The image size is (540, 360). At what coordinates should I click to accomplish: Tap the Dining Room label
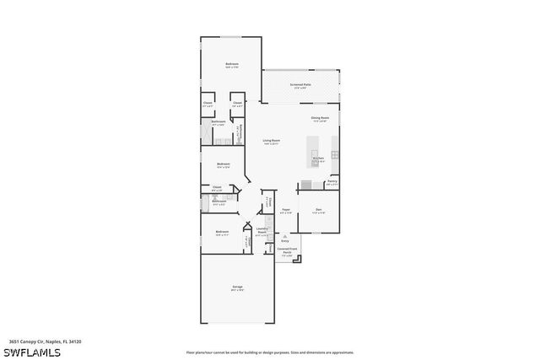tap(319, 118)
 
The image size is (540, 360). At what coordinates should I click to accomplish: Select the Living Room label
tap(271, 141)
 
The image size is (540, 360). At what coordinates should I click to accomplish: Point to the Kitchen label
tap(318, 158)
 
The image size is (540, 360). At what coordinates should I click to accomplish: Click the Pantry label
tap(332, 180)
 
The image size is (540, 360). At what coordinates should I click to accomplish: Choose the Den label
tap(318, 210)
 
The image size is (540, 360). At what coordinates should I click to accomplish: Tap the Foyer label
tap(286, 211)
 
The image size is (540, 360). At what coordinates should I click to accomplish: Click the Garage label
tap(237, 288)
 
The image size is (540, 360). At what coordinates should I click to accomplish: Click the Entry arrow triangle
tap(284, 237)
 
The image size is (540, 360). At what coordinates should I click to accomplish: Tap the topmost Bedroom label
tap(231, 65)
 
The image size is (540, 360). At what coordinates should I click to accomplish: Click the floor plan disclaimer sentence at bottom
tap(270, 351)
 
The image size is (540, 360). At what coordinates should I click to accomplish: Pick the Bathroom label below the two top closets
tap(218, 123)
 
